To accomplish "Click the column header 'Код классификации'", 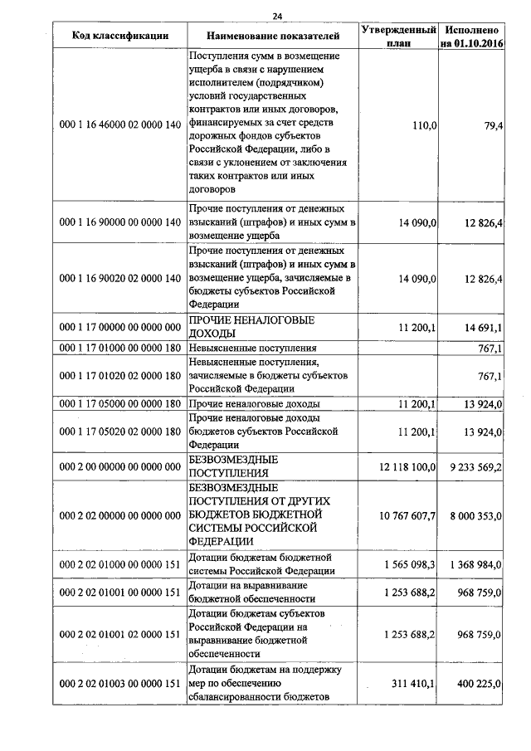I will [x=119, y=36].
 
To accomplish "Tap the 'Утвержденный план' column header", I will [x=398, y=36].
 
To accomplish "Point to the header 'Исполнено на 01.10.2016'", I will [x=472, y=36].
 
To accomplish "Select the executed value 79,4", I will [x=490, y=125].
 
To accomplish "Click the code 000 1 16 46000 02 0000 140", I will [x=120, y=125].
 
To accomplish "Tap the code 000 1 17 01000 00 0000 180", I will [x=120, y=349].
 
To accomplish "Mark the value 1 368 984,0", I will [x=475, y=564].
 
